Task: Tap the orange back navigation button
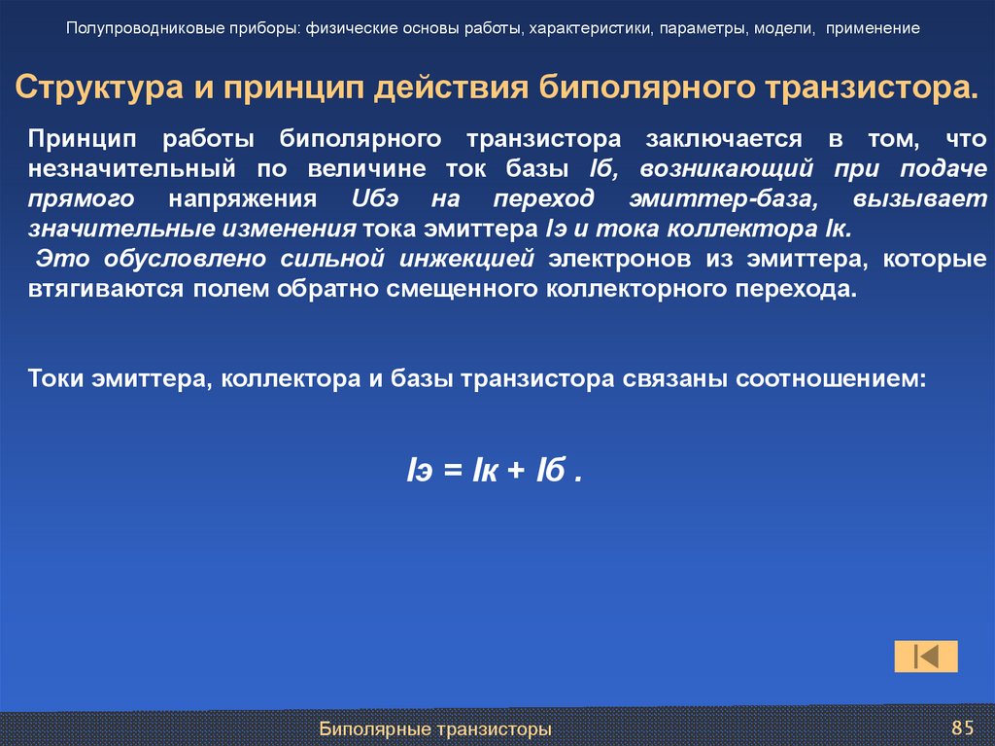pos(926,657)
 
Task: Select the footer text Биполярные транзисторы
pos(436,728)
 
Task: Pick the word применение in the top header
pos(874,28)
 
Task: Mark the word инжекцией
pos(476,260)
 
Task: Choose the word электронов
pos(615,260)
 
